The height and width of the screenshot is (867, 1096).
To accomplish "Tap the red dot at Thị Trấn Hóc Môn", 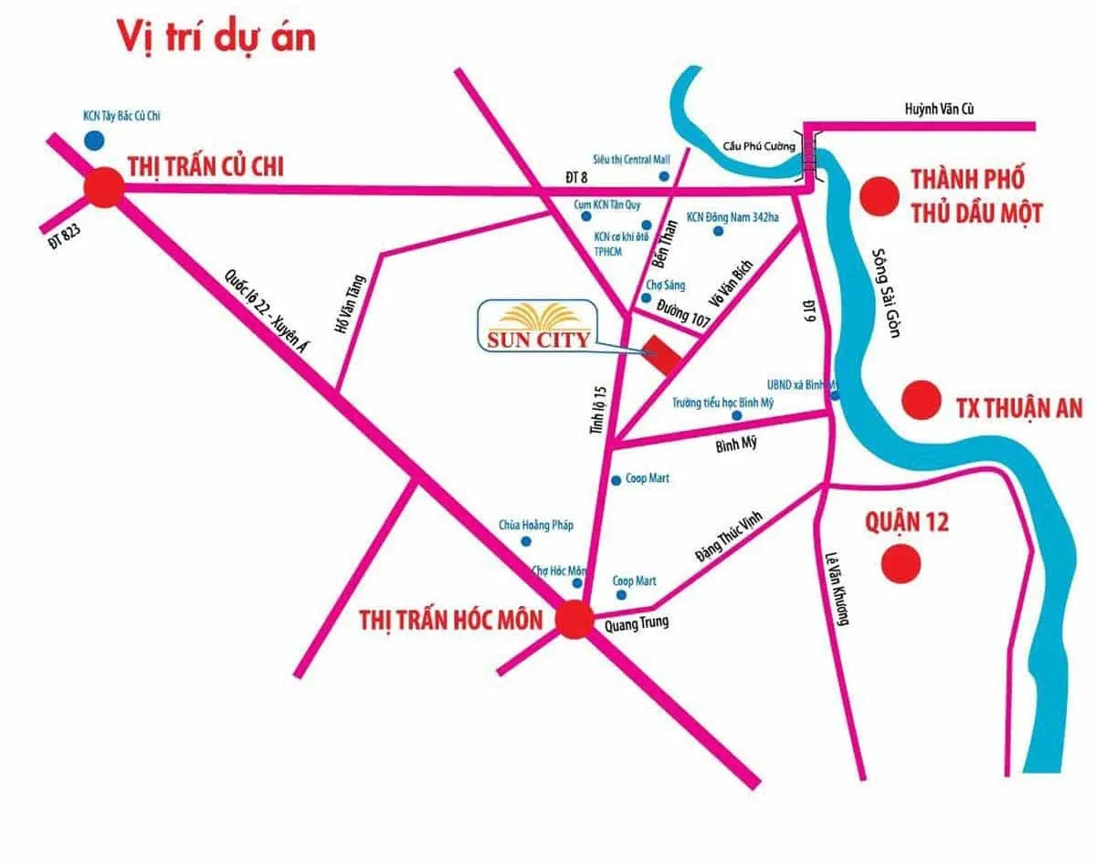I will pos(574,620).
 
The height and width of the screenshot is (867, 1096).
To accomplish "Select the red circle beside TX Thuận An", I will pos(921,399).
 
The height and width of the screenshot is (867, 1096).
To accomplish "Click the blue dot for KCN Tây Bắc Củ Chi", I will pos(93,140).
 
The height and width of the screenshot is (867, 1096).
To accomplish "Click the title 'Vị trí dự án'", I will pos(216,37).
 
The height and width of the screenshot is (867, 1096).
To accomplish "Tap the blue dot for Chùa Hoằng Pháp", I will pos(525,541).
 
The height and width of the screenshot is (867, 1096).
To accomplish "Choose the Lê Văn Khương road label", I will pos(837,590).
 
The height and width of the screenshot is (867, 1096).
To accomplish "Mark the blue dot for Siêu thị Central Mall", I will pos(664,175).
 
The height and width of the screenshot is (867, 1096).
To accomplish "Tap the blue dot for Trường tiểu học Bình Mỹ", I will pos(736,416).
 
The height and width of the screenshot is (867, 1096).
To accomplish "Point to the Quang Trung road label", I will pos(637,623).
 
